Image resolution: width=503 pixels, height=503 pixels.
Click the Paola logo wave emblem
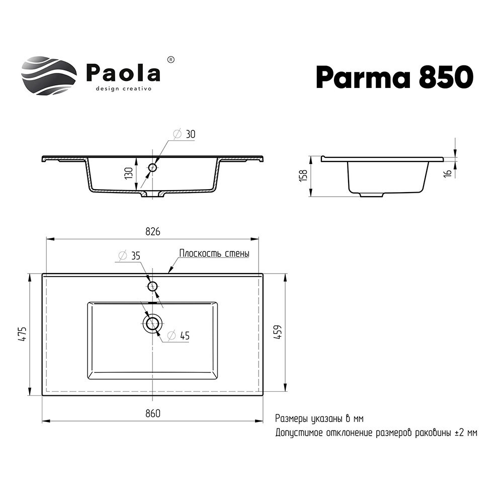[49, 76]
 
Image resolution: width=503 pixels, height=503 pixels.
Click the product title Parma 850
[394, 77]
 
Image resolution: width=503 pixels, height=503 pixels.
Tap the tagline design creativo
[124, 89]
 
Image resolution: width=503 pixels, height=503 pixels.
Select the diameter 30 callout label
[184, 134]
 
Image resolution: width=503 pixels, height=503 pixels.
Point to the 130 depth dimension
[129, 173]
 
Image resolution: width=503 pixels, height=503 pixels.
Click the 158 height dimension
[303, 176]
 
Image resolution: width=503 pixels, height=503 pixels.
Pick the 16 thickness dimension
[449, 173]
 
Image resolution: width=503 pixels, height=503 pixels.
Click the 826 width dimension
[153, 231]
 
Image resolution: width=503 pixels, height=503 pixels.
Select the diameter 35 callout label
[129, 256]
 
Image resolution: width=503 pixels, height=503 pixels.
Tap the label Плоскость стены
[214, 254]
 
